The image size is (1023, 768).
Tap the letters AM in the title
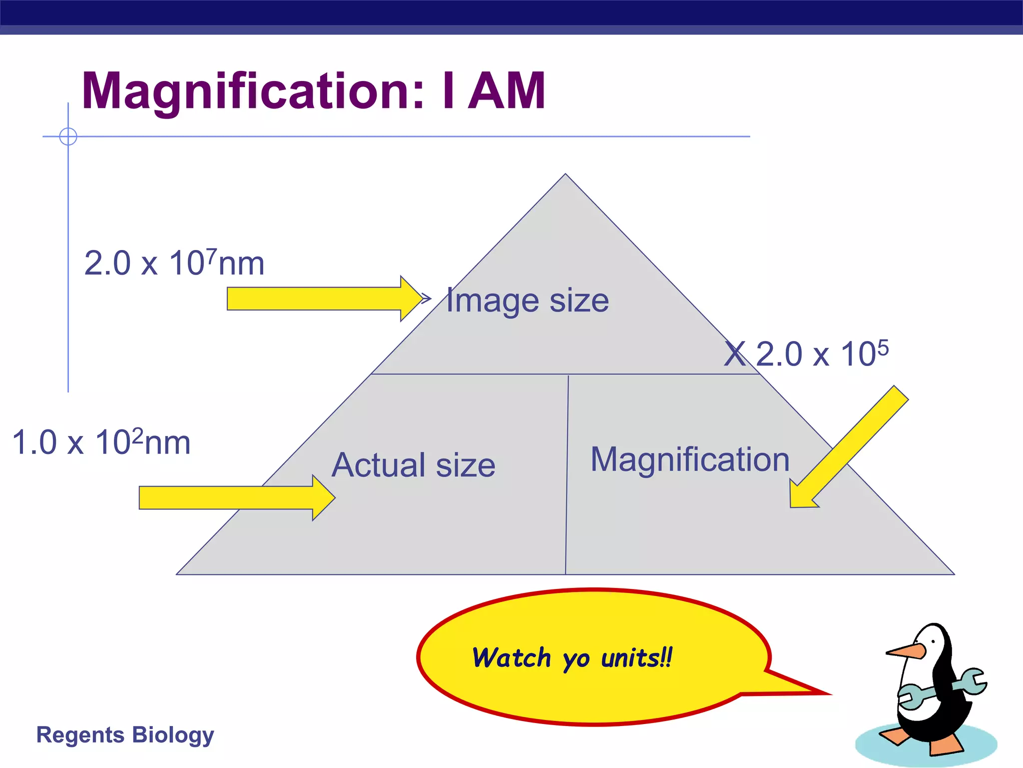point(507,91)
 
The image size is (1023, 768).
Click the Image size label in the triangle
point(527,300)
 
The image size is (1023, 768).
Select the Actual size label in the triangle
point(414,464)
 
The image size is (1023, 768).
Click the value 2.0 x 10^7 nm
point(174,263)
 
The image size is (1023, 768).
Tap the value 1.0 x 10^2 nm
point(101,442)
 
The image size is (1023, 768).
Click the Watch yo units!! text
point(572,658)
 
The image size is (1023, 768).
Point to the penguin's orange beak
point(905,651)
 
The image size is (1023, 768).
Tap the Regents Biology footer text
point(125,735)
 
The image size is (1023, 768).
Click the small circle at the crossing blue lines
point(68,136)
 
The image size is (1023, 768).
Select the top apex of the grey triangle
point(565,175)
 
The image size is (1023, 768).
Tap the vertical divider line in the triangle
point(567,475)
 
